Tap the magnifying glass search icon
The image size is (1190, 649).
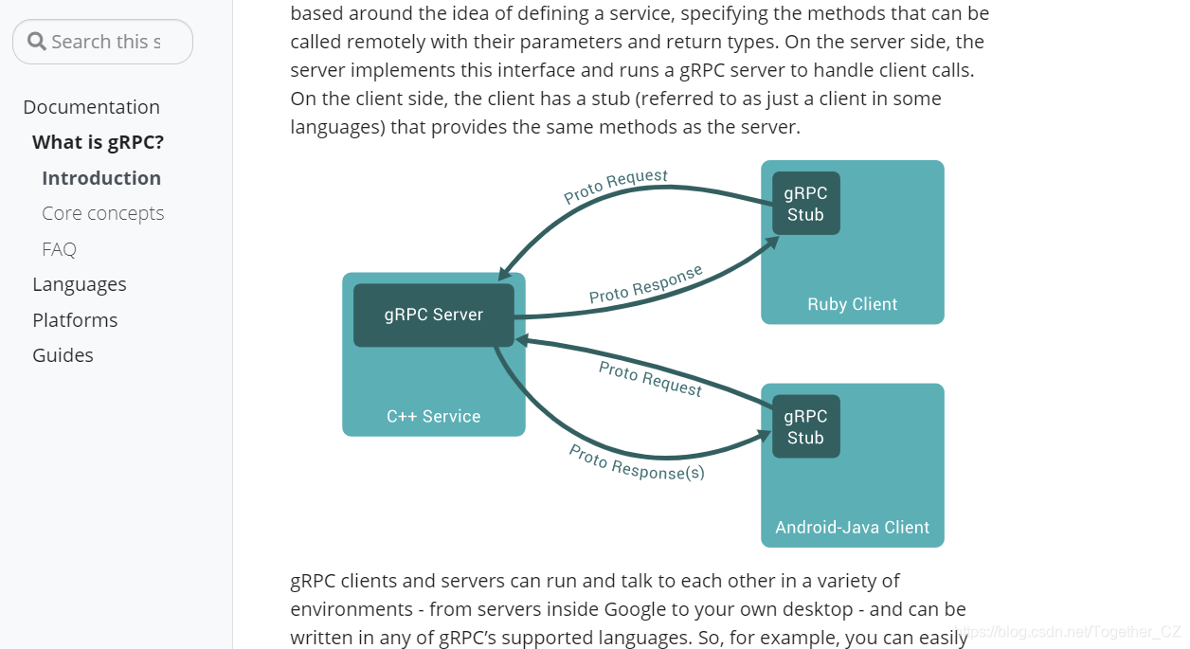click(37, 42)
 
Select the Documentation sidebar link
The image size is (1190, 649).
click(91, 107)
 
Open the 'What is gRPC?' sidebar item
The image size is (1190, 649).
click(98, 142)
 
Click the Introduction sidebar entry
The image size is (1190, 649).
click(101, 178)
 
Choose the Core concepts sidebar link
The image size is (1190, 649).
click(102, 213)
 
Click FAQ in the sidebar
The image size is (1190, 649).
click(59, 249)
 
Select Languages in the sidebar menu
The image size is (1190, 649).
click(79, 284)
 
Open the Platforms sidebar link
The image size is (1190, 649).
click(75, 320)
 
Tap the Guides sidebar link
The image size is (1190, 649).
click(63, 355)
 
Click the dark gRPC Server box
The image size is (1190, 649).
click(433, 315)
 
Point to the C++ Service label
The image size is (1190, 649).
click(433, 416)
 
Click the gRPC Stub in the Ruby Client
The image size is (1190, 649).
click(805, 204)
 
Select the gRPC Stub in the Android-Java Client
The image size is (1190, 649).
click(805, 426)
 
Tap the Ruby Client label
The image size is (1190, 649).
click(852, 304)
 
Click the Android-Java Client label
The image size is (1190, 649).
click(852, 528)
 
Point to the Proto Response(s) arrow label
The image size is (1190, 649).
click(636, 462)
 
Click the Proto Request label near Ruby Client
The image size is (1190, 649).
click(616, 187)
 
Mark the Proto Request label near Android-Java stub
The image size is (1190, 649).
click(650, 379)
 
